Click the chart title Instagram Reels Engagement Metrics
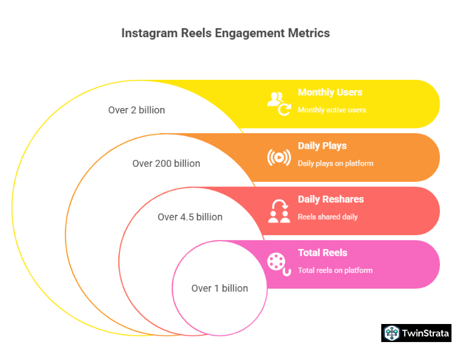pyautogui.click(x=226, y=33)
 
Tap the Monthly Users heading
pyautogui.click(x=330, y=92)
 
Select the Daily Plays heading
pyautogui.click(x=322, y=146)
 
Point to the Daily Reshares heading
pyautogui.click(x=331, y=199)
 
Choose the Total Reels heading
pyautogui.click(x=322, y=253)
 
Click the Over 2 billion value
pyautogui.click(x=136, y=110)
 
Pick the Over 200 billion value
pyautogui.click(x=166, y=163)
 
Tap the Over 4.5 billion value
pyautogui.click(x=190, y=217)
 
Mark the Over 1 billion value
pyautogui.click(x=220, y=288)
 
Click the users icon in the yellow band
pyautogui.click(x=279, y=103)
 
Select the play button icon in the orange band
pyautogui.click(x=279, y=157)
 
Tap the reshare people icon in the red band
pyautogui.click(x=279, y=211)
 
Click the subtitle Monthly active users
pyautogui.click(x=332, y=110)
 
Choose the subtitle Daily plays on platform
pyautogui.click(x=336, y=163)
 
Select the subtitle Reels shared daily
pyautogui.click(x=328, y=217)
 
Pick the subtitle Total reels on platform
pyautogui.click(x=335, y=270)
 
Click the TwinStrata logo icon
pyautogui.click(x=392, y=333)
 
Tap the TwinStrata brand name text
pyautogui.click(x=426, y=334)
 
